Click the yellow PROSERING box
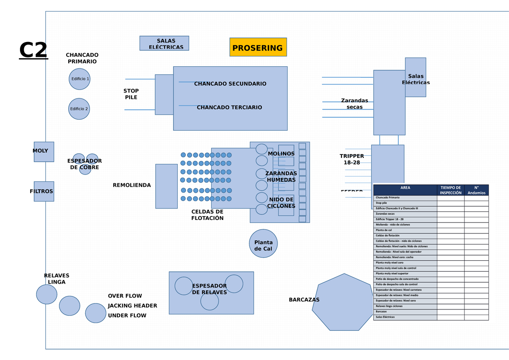[258, 47]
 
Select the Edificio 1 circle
[80, 79]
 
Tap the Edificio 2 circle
[79, 109]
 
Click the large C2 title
[34, 51]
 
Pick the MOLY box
[44, 152]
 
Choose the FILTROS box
[44, 191]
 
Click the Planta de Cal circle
[263, 244]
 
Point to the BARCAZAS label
[304, 300]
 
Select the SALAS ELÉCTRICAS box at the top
[164, 43]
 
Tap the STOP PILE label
[131, 94]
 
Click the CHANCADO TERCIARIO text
[229, 107]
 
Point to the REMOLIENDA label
[132, 185]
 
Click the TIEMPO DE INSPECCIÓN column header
[450, 190]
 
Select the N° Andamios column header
[476, 190]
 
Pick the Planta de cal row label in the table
[405, 230]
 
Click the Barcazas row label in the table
[405, 312]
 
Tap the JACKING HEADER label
[132, 306]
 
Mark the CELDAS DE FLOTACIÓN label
[207, 215]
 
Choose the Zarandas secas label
[355, 104]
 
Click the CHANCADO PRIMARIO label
[82, 58]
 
